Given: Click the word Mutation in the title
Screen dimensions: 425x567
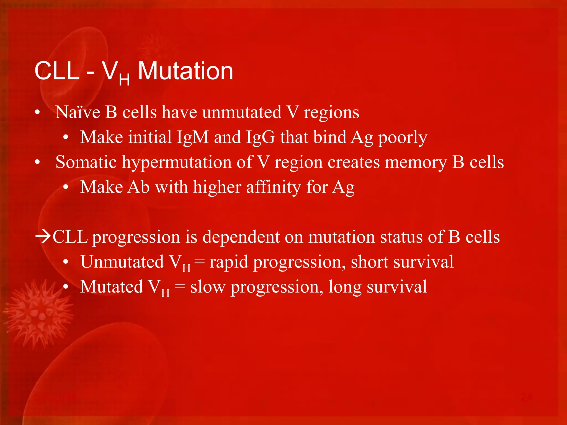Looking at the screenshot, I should pyautogui.click(x=185, y=71).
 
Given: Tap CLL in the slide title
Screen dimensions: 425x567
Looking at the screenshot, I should pyautogui.click(x=57, y=71).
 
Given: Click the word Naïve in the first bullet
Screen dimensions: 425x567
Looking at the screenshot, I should pyautogui.click(x=78, y=112).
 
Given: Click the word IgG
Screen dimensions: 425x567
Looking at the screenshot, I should pyautogui.click(x=261, y=137).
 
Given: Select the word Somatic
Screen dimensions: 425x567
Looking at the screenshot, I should pyautogui.click(x=86, y=162).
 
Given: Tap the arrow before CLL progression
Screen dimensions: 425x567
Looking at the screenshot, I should pyautogui.click(x=43, y=237).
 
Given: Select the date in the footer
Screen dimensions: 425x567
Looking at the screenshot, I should pyautogui.click(x=56, y=397).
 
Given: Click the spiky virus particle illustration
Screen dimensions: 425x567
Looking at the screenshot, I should pyautogui.click(x=39, y=314).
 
